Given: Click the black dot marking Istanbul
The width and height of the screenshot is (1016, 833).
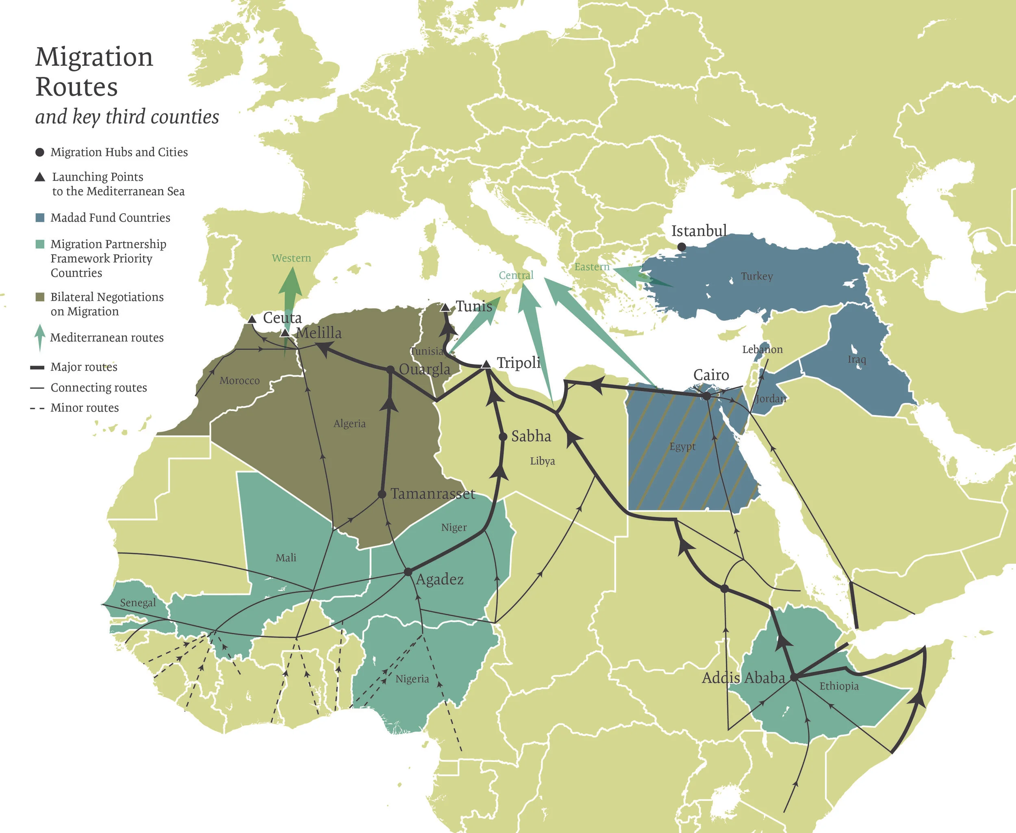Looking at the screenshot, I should click(682, 247).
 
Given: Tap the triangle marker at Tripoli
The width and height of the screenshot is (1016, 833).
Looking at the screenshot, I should click(486, 364).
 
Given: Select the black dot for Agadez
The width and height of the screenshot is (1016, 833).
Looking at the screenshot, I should click(408, 572).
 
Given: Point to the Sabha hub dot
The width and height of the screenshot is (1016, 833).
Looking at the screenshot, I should click(503, 437).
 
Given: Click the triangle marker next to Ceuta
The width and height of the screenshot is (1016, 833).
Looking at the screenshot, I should click(252, 319).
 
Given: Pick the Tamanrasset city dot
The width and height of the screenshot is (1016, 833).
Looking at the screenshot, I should click(382, 494).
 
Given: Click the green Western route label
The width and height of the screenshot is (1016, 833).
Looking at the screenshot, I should click(291, 258).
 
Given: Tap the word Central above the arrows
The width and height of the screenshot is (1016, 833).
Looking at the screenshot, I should click(516, 275).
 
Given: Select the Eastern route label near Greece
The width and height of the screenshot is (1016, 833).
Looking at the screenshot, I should click(592, 267).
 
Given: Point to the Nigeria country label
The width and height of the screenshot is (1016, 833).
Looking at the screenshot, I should click(412, 679).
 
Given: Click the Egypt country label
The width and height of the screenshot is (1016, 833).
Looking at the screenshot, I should click(682, 446).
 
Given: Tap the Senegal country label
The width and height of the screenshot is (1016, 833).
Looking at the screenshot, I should click(138, 603).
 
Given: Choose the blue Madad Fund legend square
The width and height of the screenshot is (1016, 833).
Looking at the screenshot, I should click(40, 218).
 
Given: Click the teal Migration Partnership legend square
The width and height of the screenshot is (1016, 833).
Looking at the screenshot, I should click(40, 244).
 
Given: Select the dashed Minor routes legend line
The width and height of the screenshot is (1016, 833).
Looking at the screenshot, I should click(37, 408).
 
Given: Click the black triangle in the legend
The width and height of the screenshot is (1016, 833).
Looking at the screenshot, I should click(40, 177).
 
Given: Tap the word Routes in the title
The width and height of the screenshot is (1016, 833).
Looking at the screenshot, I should click(77, 87).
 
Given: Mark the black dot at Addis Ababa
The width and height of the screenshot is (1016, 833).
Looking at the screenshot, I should click(794, 677).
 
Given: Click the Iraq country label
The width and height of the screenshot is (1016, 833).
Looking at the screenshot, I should click(857, 359).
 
